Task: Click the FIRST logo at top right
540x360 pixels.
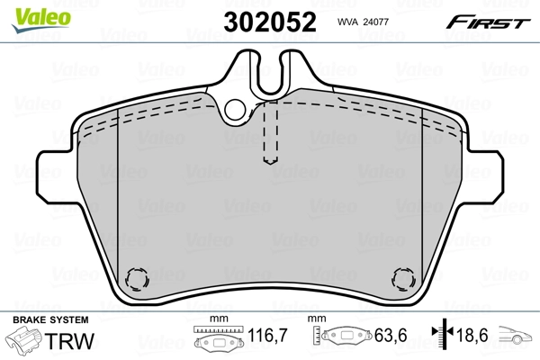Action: [x=490, y=22]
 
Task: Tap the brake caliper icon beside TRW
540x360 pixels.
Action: [x=23, y=342]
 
